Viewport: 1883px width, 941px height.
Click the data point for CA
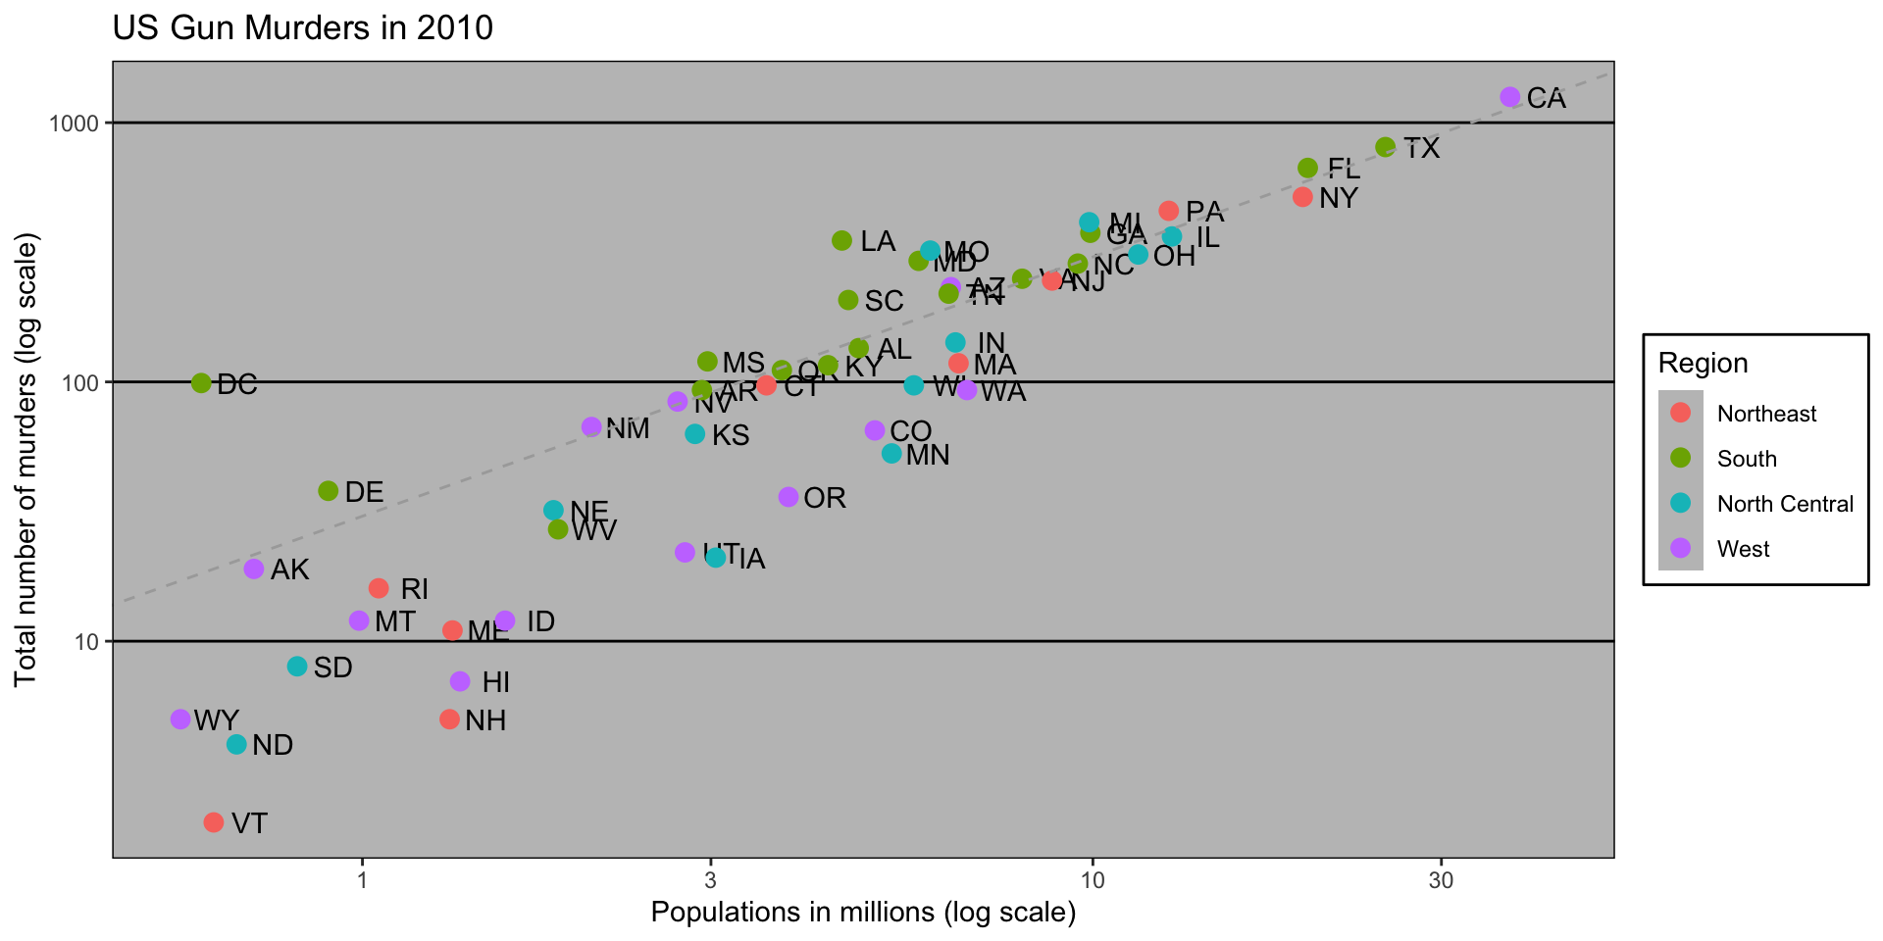click(1509, 97)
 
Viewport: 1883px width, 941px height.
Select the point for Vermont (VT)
click(214, 822)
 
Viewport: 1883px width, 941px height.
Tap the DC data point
click(201, 383)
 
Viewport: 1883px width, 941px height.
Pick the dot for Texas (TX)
click(1386, 147)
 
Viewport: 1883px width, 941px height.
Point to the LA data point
click(841, 240)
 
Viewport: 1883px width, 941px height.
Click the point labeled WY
click(180, 719)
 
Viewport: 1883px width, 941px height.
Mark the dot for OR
click(789, 497)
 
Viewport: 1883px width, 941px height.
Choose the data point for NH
click(449, 719)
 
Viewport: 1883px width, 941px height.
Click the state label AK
click(290, 570)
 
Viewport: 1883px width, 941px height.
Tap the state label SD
click(332, 668)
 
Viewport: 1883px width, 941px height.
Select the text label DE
click(364, 492)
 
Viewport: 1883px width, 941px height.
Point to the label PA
click(1204, 212)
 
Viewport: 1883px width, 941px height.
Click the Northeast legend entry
click(1766, 414)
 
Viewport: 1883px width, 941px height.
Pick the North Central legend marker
click(1681, 504)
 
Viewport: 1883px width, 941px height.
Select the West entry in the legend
click(1743, 549)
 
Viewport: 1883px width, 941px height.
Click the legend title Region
click(1703, 364)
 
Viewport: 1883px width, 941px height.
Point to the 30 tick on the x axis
click(1441, 880)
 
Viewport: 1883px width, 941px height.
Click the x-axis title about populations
click(863, 913)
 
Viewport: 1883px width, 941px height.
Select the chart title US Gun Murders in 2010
click(303, 27)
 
